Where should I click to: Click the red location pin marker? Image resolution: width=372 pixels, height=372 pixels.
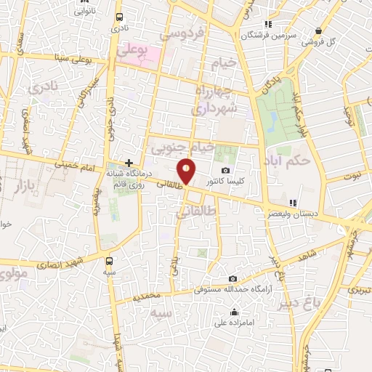[187, 171]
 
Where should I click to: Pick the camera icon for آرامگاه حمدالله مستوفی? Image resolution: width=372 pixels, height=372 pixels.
[232, 278]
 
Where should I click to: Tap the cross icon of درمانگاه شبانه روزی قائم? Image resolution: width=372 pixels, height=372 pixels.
[129, 163]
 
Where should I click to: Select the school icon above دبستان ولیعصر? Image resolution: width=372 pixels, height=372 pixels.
[293, 203]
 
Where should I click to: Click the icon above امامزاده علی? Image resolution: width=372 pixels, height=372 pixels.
[234, 313]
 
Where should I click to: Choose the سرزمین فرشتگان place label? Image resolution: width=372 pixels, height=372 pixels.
[271, 35]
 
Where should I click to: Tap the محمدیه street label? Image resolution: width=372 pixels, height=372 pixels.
[147, 297]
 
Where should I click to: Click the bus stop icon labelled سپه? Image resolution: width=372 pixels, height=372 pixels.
[110, 261]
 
